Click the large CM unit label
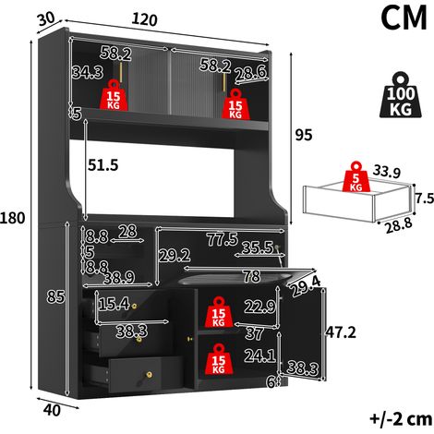404,18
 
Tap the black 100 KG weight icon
401,95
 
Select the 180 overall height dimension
13,218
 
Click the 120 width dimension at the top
144,19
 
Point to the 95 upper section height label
304,135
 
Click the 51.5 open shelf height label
103,165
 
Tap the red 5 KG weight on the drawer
356,176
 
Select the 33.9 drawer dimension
387,172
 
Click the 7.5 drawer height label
425,199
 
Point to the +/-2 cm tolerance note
401,418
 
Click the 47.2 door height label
341,332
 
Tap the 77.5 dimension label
223,239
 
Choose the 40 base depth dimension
52,410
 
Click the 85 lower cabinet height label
55,297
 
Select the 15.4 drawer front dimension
114,305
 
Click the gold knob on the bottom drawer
149,375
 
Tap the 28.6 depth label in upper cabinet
251,74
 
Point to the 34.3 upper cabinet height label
88,72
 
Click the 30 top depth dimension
46,19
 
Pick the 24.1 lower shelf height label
260,356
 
